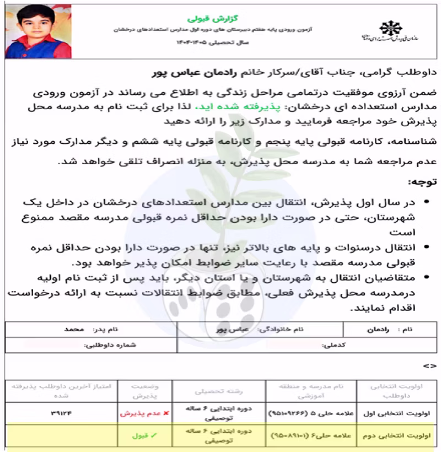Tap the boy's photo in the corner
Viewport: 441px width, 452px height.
click(28, 30)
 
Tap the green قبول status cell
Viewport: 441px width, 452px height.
click(141, 435)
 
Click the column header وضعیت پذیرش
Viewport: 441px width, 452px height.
click(141, 391)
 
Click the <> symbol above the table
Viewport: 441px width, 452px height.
click(429, 365)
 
